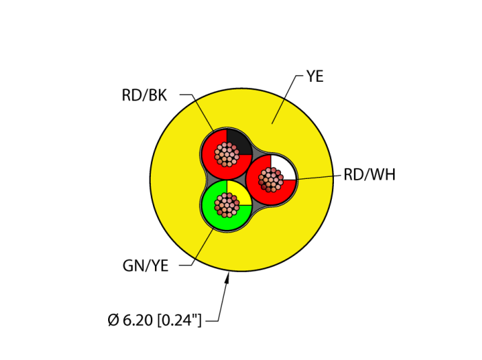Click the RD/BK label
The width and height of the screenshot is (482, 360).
point(144,95)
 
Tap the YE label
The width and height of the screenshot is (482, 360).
point(315,76)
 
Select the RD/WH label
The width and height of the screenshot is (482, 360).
point(370,174)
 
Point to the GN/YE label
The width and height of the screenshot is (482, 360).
point(145,266)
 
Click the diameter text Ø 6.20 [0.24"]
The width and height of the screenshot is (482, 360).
point(155,320)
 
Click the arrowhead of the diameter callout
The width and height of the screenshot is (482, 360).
point(228,277)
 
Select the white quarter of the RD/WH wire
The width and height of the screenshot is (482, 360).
point(284,167)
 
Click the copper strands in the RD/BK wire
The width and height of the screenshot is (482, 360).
point(226,154)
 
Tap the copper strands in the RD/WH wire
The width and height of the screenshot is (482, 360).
point(271,180)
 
